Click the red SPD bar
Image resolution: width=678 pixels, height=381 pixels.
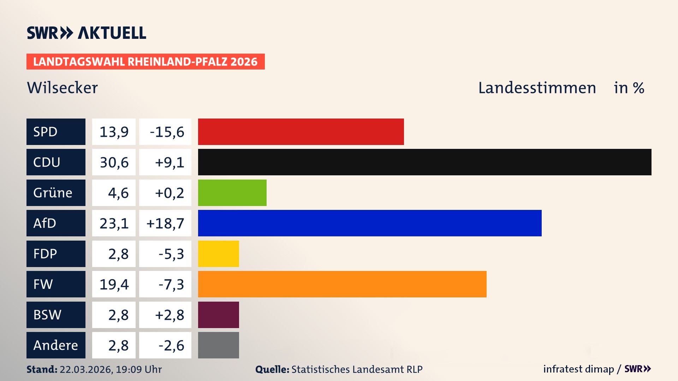point(301,132)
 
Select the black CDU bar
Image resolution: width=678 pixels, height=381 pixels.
point(424,162)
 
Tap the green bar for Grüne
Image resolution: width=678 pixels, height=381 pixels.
point(232,193)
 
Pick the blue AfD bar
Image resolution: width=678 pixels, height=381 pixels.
point(370,223)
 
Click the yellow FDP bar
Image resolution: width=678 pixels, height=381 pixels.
point(218,254)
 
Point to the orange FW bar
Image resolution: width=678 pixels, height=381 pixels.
point(342,284)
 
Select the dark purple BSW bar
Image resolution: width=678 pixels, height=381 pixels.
point(218,315)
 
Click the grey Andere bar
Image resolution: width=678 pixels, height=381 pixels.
point(218,345)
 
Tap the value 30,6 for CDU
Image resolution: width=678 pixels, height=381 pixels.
point(114,162)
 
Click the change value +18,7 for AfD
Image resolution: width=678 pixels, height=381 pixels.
point(165,223)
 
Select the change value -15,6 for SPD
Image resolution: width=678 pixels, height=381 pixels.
point(167,132)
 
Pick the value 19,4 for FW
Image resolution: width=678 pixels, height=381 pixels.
point(114,284)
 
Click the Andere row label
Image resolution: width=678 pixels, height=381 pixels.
point(56,345)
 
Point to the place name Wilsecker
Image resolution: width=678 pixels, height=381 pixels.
point(62,88)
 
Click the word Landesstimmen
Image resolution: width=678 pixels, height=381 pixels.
point(537,88)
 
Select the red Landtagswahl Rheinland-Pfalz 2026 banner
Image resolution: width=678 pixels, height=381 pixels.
point(145,62)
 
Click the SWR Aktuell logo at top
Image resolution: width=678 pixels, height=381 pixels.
point(87,33)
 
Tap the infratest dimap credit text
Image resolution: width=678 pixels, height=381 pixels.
point(578,369)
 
